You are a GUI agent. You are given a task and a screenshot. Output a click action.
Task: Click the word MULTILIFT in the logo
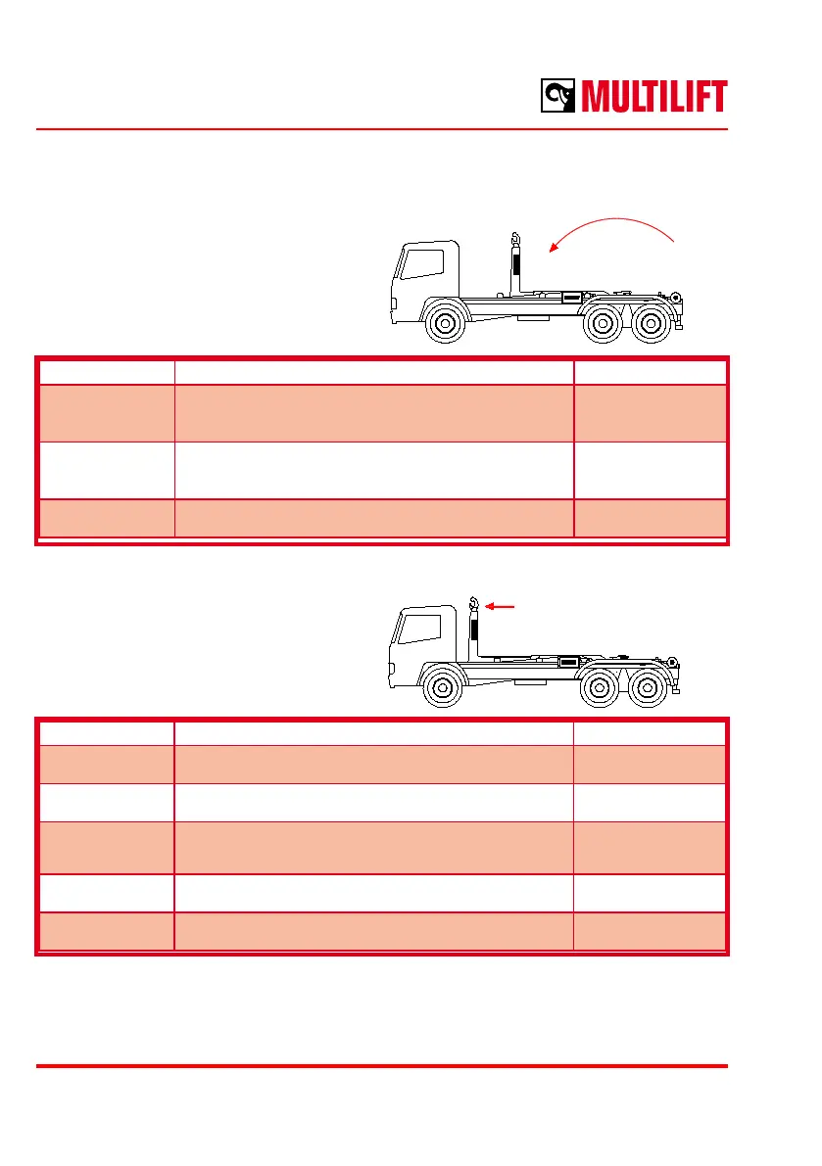click(654, 97)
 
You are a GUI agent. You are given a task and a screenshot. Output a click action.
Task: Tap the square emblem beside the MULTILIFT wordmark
click(559, 97)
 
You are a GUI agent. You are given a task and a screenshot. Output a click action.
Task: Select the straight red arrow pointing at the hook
click(501, 607)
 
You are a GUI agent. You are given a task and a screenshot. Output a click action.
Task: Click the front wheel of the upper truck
click(447, 324)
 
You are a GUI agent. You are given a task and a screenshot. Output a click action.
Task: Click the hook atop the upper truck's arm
click(513, 239)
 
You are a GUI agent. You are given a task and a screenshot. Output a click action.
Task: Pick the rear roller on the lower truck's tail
click(671, 661)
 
